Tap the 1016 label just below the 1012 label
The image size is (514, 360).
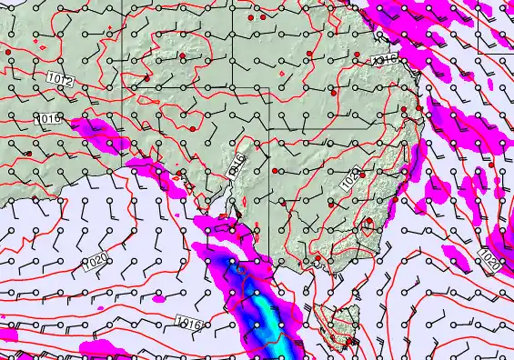(48, 118)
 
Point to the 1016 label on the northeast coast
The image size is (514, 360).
(387, 58)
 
